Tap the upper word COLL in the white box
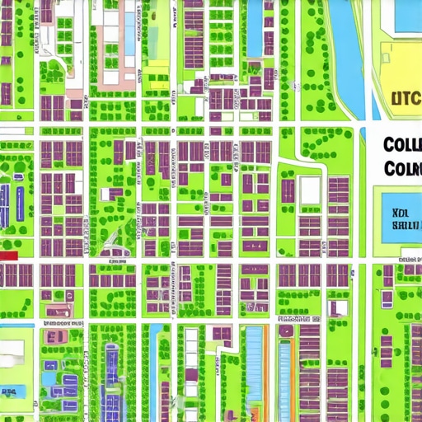coord(402,145)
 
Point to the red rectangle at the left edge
coord(8,256)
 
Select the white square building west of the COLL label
coord(309,191)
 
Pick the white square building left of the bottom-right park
coord(337,307)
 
